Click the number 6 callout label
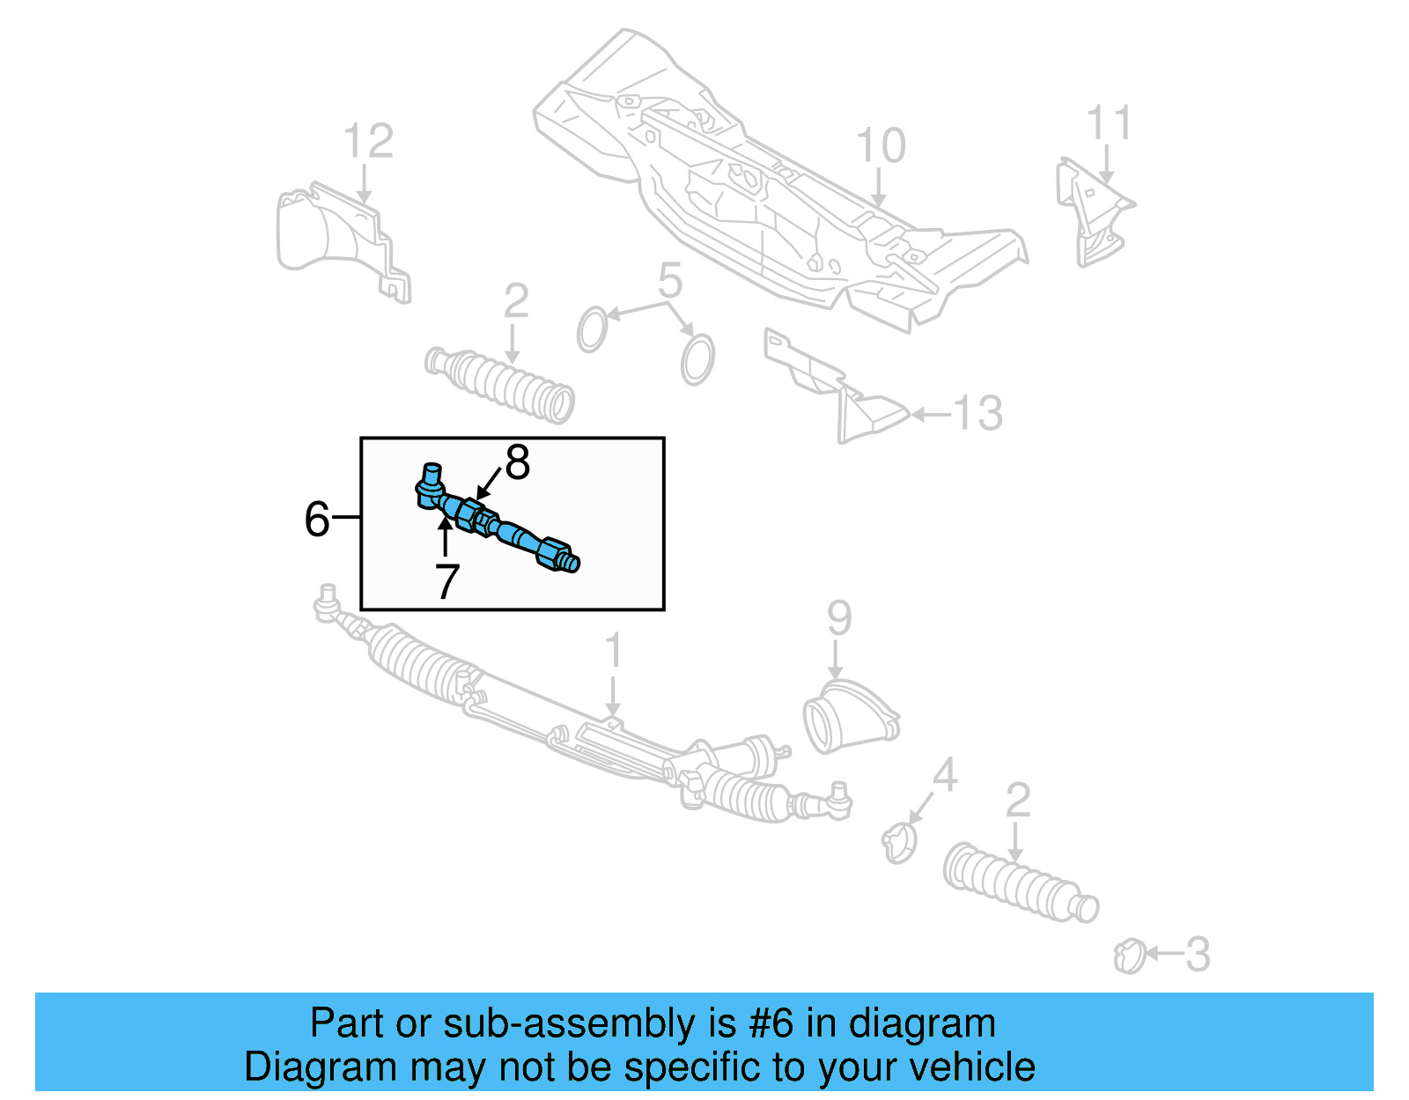coord(316,519)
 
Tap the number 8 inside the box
coord(517,462)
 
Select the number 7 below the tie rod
coord(447,581)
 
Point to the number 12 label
coord(368,142)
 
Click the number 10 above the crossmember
coord(880,146)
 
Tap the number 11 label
coord(1108,123)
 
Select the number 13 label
coord(978,413)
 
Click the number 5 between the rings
coord(670,281)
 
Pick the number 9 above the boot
coord(838,618)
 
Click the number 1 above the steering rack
coord(614,652)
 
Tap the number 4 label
coord(944,775)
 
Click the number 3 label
coord(1198,955)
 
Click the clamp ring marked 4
coord(899,842)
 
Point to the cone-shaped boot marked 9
coord(847,718)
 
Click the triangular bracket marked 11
coord(1093,211)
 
